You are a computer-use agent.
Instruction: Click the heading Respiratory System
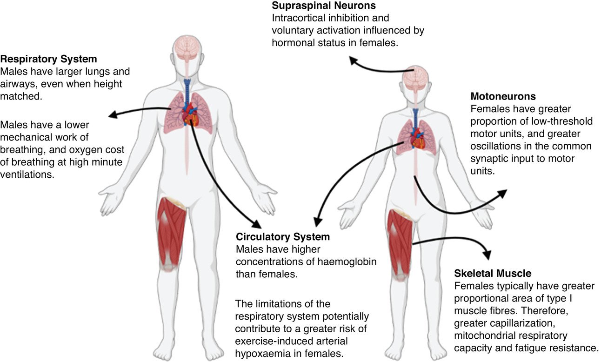[48, 59]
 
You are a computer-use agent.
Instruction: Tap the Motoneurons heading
[503, 97]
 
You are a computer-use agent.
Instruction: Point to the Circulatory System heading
[283, 237]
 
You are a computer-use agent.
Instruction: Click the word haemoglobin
[348, 261]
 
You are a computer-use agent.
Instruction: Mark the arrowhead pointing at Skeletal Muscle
[487, 255]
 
